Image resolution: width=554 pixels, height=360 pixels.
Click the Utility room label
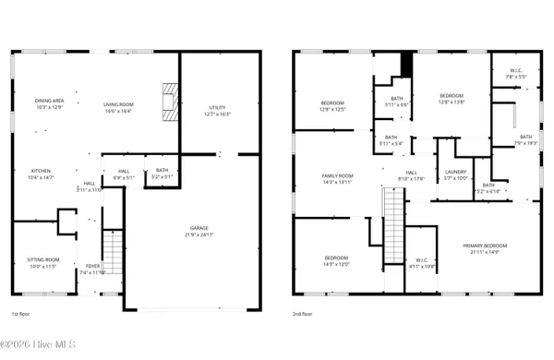pos(218,111)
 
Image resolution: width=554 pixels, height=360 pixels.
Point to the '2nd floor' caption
pos(304,314)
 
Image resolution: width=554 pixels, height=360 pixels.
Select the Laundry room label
pos(455,175)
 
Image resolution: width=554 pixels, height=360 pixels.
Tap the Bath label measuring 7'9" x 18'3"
pos(525,140)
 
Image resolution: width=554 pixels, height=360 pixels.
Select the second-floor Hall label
pos(412,175)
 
